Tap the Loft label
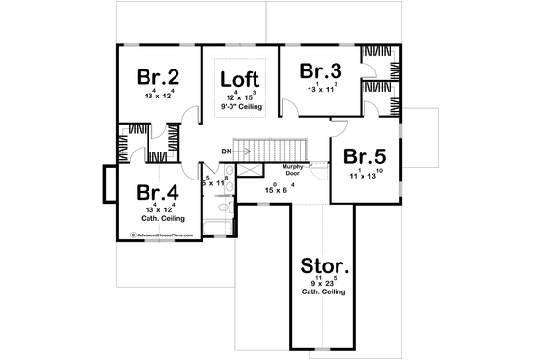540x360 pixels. point(239,80)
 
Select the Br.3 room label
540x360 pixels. point(319,71)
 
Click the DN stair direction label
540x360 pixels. point(226,152)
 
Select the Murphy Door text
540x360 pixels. point(294,170)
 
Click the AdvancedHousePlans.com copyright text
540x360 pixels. point(156,235)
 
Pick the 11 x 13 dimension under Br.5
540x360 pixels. point(365,177)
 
